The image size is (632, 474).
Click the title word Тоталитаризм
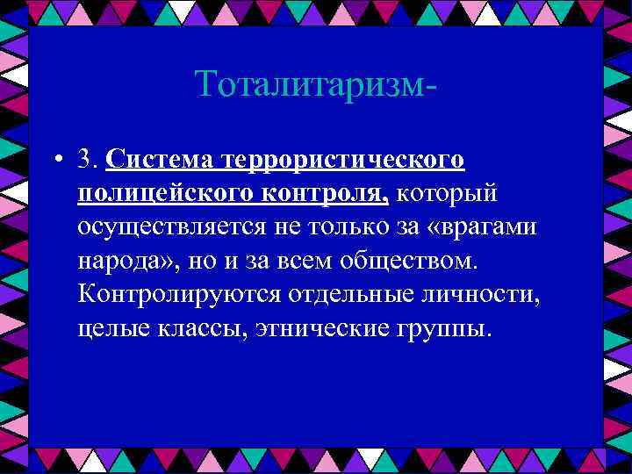pos(312,84)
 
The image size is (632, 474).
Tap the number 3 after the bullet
pos(86,160)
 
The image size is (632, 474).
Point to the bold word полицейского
pos(165,192)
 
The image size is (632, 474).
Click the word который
pos(448,192)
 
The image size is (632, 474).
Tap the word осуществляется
pos(176,226)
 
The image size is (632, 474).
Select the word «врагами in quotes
pos(486,226)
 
